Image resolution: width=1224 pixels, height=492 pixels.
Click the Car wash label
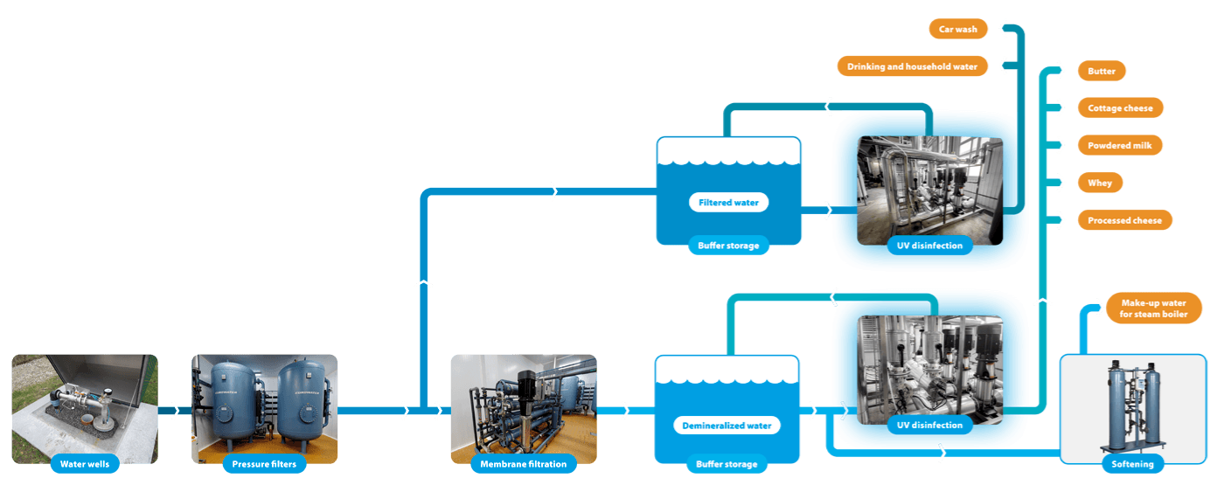click(957, 29)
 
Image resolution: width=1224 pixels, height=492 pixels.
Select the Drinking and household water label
click(912, 66)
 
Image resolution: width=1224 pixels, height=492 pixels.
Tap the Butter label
click(1101, 71)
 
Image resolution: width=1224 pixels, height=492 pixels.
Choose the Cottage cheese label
click(1120, 108)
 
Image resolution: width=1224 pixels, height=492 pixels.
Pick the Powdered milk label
click(1120, 146)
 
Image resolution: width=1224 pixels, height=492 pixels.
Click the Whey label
click(1099, 183)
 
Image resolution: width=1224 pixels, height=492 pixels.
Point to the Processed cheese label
click(1123, 220)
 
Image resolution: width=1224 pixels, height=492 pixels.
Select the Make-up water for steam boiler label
click(1153, 308)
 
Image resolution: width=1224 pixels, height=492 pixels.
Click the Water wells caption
click(85, 464)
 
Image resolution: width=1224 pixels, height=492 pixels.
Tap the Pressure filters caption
click(264, 464)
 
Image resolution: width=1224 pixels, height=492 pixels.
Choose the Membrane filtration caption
click(523, 464)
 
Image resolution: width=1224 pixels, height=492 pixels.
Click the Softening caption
click(1132, 464)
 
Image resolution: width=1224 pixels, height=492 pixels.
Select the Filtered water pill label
click(728, 202)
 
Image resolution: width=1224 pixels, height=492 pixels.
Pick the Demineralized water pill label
click(727, 426)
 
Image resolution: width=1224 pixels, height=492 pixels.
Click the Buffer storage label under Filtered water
click(727, 246)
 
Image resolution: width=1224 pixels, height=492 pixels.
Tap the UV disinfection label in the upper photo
click(928, 246)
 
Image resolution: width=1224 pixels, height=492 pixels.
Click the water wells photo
click(85, 402)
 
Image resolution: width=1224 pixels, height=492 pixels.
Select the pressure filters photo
click(264, 402)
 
